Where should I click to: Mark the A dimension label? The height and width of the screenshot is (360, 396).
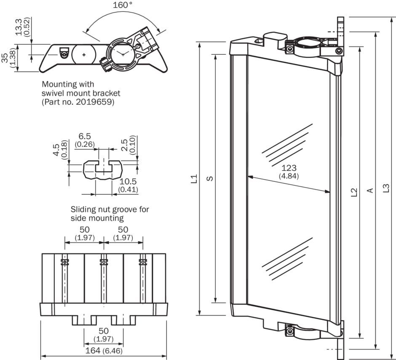370,191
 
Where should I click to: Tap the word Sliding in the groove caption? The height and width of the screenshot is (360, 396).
83,209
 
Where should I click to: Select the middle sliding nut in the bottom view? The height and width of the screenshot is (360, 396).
103,262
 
